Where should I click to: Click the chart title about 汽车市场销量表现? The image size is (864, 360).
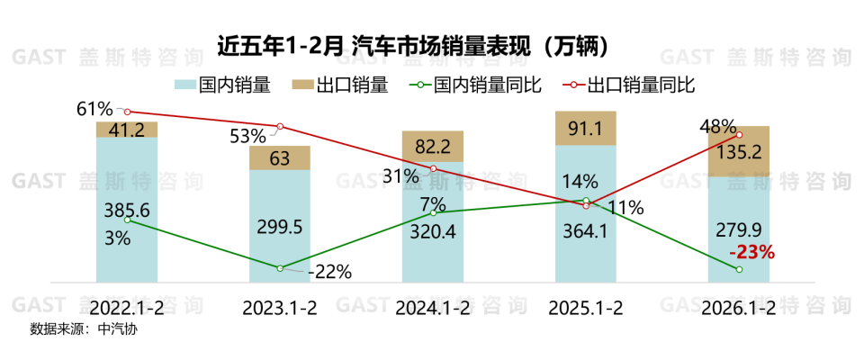click(431, 44)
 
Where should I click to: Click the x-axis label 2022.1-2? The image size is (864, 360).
click(127, 307)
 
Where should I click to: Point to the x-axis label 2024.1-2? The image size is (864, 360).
click(433, 307)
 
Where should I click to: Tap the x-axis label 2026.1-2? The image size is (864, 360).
click(739, 307)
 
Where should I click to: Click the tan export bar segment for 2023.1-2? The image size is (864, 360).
click(280, 157)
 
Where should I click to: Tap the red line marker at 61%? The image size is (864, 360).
click(127, 112)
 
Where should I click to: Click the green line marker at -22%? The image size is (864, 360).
click(280, 268)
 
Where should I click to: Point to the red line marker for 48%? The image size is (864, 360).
click(739, 135)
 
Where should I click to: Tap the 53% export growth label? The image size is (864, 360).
click(247, 137)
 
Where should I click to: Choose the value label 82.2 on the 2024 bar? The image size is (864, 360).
click(433, 146)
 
